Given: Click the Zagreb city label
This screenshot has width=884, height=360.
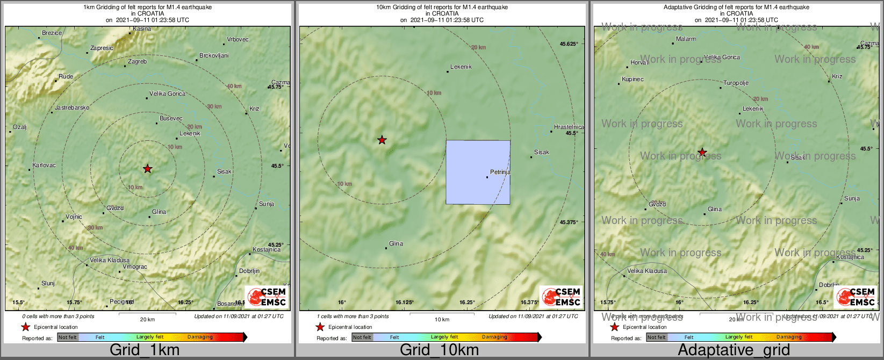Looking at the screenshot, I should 137,62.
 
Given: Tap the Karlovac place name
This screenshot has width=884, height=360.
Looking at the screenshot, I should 44,165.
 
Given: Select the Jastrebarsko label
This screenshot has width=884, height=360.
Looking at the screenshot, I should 72,108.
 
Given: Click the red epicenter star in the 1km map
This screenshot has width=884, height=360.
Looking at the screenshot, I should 148,169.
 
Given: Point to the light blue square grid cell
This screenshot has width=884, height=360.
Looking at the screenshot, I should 478,172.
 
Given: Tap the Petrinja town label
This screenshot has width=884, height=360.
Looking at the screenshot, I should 500,172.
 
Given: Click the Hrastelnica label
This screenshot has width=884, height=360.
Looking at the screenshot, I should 569,127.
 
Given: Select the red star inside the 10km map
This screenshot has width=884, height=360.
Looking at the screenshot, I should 382,140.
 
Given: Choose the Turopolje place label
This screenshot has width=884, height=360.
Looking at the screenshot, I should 736,83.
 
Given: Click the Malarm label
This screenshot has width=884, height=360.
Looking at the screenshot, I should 686,39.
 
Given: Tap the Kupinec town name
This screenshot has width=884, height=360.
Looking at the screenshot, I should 633,80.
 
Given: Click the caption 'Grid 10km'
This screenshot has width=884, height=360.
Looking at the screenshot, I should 439,350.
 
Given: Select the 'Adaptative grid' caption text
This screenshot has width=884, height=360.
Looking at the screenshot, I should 734,350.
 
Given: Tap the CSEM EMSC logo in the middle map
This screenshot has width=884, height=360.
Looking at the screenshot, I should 560,297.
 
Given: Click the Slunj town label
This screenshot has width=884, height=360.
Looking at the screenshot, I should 48,284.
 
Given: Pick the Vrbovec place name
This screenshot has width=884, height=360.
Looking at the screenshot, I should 238,40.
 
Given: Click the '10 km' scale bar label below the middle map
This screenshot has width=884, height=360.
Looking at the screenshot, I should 442,320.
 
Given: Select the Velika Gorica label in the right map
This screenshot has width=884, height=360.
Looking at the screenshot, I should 722,57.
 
